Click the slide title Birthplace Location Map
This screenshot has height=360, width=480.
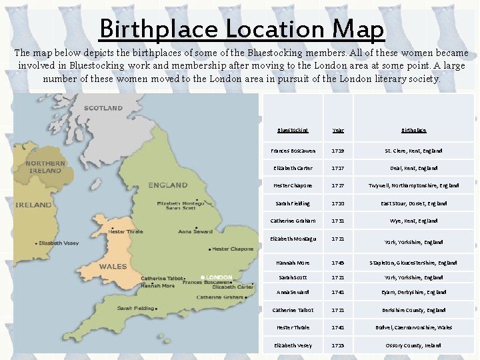(x=241, y=29)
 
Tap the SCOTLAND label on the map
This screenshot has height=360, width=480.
(x=103, y=108)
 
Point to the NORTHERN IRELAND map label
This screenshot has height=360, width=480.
(x=45, y=167)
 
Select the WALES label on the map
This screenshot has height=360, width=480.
(x=113, y=267)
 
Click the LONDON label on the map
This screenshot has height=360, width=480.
(x=219, y=277)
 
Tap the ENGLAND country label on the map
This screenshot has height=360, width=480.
(x=167, y=185)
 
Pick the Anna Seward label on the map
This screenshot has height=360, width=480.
(x=195, y=231)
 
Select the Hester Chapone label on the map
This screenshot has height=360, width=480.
(x=233, y=249)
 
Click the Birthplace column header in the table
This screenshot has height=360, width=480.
(x=413, y=131)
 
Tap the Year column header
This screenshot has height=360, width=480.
(x=337, y=131)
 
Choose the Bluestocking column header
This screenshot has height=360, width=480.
(x=293, y=131)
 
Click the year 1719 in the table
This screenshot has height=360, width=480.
(x=337, y=151)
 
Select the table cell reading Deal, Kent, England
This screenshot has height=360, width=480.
(x=413, y=169)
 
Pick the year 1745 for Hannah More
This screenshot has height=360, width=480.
(x=337, y=263)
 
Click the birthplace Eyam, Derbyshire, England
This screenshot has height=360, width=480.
(x=413, y=293)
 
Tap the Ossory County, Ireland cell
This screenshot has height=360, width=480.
(x=413, y=345)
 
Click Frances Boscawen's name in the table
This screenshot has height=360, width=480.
(x=293, y=151)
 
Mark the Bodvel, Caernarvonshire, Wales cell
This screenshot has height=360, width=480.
(x=413, y=328)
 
